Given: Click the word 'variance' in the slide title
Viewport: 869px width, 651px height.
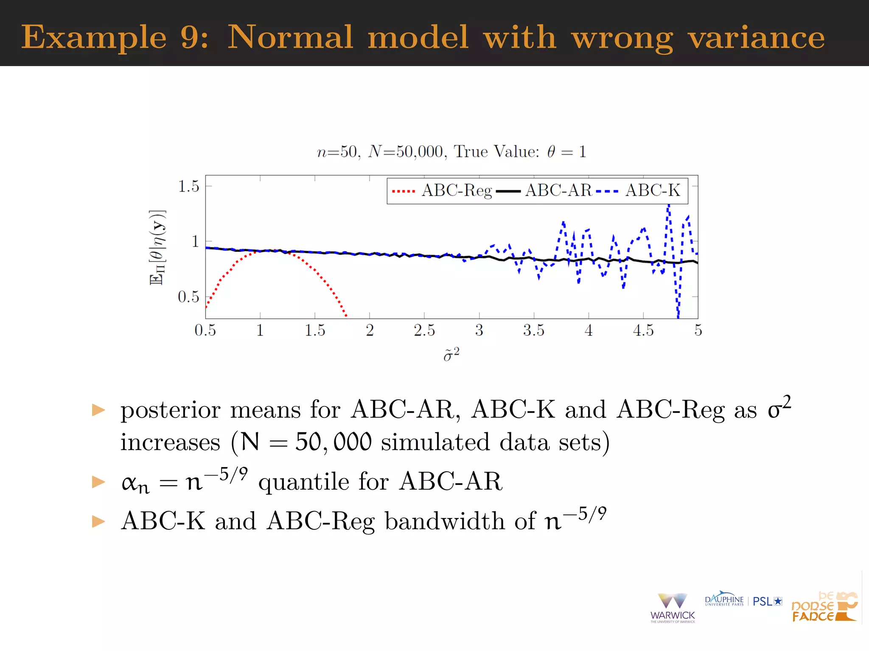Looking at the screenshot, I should (x=756, y=37).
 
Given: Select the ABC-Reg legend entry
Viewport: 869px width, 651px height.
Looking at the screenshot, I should (x=457, y=191).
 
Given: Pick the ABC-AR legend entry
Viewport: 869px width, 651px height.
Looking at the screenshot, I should (x=558, y=191).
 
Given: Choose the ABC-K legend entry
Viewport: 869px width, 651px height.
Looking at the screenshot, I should (x=653, y=191).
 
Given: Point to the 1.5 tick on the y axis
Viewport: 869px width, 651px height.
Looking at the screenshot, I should (x=188, y=186).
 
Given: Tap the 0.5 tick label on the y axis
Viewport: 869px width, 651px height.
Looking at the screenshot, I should (x=188, y=297).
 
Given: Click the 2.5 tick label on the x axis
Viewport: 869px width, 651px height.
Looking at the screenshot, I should (x=424, y=330).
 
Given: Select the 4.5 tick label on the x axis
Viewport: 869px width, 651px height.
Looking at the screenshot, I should (x=643, y=330).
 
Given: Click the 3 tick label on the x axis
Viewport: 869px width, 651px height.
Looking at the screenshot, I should (x=479, y=330).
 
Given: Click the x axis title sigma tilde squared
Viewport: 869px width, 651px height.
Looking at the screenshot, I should (x=451, y=354).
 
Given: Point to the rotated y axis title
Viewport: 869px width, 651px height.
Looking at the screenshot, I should (x=157, y=248).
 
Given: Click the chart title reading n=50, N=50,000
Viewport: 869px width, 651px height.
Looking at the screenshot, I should (x=451, y=152).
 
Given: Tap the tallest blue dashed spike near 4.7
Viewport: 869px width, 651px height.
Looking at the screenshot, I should (x=668, y=206).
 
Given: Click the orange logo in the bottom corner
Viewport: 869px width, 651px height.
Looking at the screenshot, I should (x=824, y=607).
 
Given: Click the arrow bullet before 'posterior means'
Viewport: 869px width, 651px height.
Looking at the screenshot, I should (x=98, y=410).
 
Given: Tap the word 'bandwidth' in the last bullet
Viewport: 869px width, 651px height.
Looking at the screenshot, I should (x=445, y=521).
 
